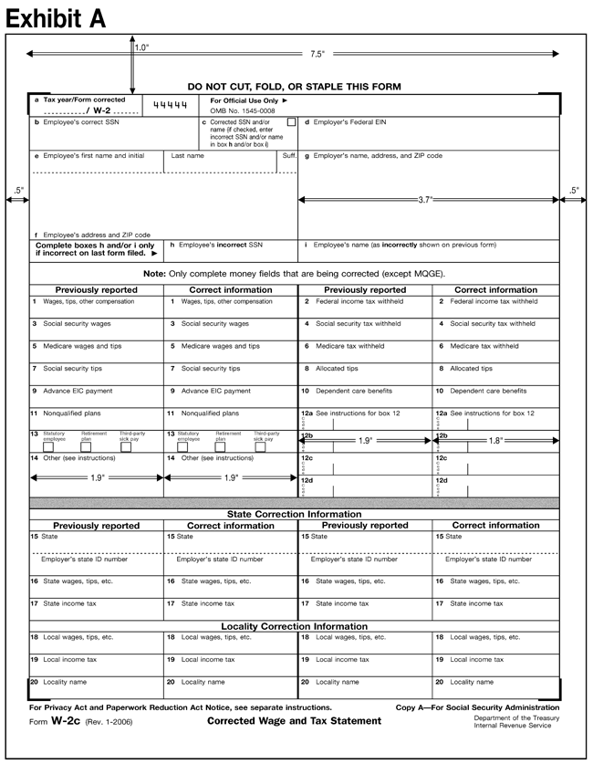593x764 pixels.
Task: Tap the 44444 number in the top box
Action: pos(169,106)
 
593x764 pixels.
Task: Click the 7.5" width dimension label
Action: pos(317,55)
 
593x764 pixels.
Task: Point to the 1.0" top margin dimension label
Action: pos(141,47)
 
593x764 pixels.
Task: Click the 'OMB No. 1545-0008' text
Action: pos(244,110)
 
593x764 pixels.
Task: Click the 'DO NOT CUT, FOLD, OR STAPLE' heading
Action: pos(294,87)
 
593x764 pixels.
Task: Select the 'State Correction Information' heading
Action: pos(294,514)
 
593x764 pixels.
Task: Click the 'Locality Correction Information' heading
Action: pos(294,626)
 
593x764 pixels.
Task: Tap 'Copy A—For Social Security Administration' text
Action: pos(477,707)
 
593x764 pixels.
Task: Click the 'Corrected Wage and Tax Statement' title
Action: pos(294,721)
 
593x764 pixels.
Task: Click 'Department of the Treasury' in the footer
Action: pos(516,717)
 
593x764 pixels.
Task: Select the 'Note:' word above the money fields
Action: pos(156,274)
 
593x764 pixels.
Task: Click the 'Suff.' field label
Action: pos(289,156)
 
